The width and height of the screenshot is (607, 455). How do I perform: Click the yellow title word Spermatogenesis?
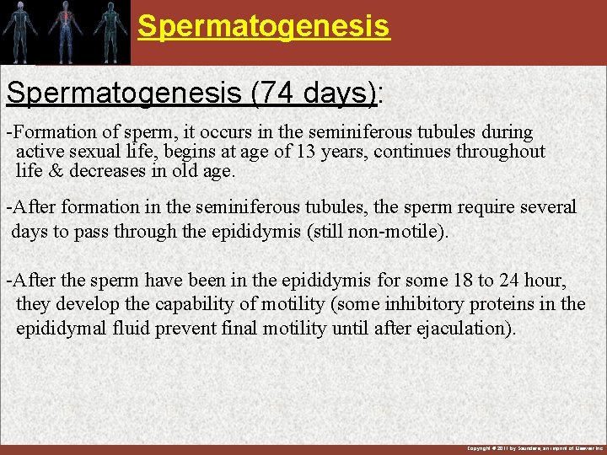[x=264, y=25]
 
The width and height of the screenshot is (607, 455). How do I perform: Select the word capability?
[x=189, y=304]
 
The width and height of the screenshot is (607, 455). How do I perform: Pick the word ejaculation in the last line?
[x=465, y=329]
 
